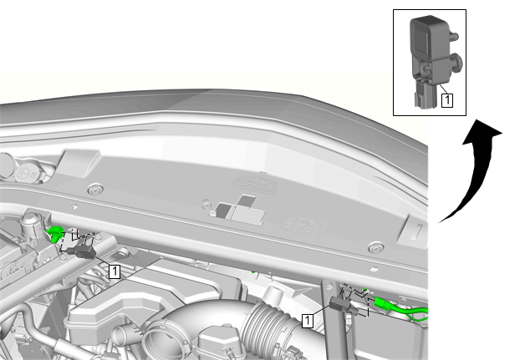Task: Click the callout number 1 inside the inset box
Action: (447, 100)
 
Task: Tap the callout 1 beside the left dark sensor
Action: (115, 271)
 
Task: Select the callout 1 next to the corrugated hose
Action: (308, 320)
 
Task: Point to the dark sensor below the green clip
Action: (81, 251)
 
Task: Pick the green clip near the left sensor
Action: (55, 233)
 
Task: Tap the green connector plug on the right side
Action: (382, 303)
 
